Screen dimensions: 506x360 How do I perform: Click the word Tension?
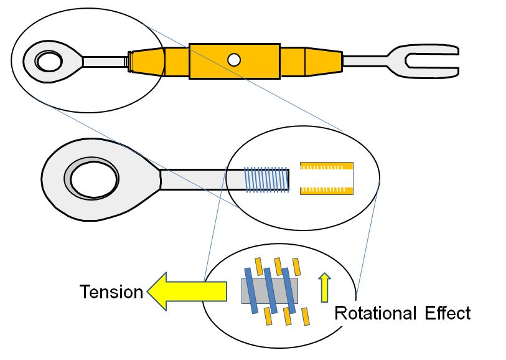[111, 291]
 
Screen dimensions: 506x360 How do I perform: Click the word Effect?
[447, 313]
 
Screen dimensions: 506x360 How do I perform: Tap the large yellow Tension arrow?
[187, 291]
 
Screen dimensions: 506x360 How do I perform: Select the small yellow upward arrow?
[324, 287]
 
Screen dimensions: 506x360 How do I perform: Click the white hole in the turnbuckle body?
[233, 60]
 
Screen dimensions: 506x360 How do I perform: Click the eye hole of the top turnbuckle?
[50, 61]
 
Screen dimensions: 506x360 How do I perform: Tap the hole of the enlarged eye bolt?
[94, 179]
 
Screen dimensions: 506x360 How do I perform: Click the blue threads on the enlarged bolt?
[266, 179]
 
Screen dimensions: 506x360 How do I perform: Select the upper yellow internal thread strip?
[327, 166]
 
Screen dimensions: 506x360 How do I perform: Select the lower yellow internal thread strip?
[327, 191]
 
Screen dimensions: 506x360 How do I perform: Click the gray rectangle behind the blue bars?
[269, 291]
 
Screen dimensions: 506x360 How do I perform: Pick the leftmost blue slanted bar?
[251, 291]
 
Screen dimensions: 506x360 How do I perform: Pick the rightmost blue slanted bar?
[289, 291]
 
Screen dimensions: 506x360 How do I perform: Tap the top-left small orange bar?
[259, 267]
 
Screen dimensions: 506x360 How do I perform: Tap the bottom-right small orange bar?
[306, 317]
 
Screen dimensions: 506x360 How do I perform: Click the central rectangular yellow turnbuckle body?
[235, 61]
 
